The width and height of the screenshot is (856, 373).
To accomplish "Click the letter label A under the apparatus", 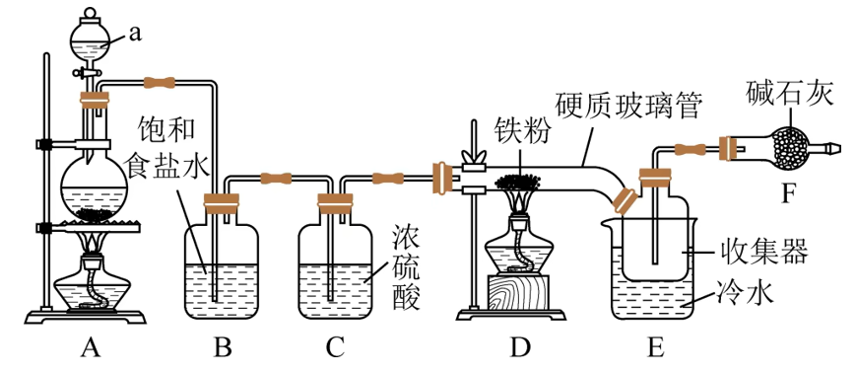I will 92,347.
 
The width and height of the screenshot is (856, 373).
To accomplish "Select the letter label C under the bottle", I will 335,347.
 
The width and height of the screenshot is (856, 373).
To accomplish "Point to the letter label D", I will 519,347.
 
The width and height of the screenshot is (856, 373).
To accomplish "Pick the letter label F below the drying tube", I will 787,193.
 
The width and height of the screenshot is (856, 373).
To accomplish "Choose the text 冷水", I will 749,292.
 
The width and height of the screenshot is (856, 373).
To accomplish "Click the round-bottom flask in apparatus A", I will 95,187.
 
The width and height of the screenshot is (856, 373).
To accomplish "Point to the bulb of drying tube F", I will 793,149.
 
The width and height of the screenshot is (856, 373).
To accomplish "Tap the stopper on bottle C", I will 335,204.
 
